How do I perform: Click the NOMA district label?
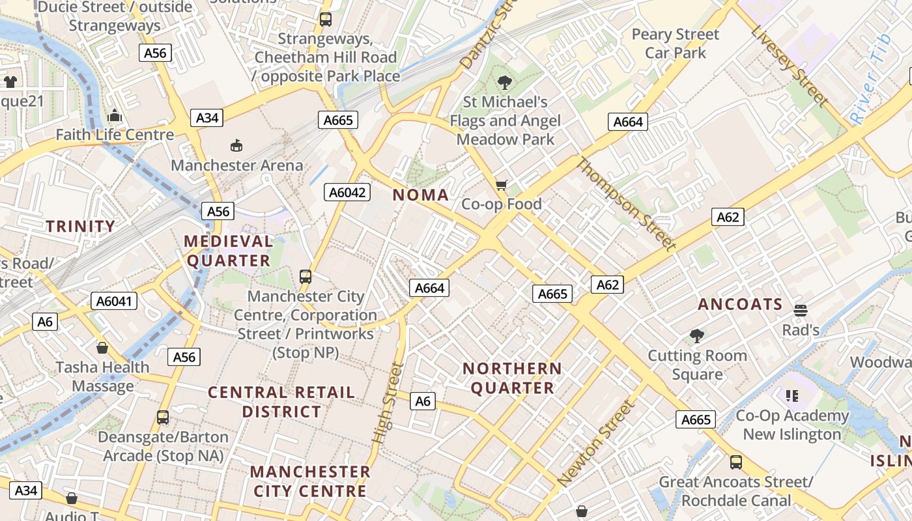tap(421, 195)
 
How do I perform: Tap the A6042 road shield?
tap(348, 192)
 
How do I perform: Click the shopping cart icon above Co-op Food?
tap(501, 186)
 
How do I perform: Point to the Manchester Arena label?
tap(237, 165)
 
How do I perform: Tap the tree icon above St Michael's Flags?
tap(504, 83)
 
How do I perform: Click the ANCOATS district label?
tap(740, 304)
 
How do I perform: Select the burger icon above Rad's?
tap(801, 310)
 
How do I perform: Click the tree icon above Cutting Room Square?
tap(697, 336)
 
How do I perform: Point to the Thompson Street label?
tap(626, 204)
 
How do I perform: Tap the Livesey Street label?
tap(790, 65)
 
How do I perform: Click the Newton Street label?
tap(595, 443)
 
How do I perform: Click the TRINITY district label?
tap(80, 227)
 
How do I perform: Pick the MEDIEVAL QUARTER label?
tap(228, 251)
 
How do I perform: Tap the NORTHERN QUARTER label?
tap(512, 378)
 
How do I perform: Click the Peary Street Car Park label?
tap(676, 44)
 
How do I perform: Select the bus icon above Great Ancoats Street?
tap(736, 462)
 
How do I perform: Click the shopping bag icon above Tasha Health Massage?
tap(102, 348)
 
